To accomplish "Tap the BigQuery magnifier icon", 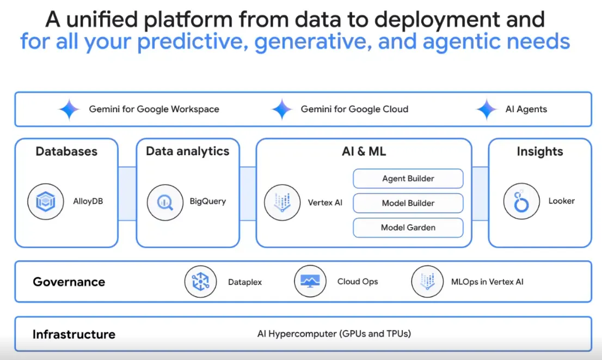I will [x=165, y=202].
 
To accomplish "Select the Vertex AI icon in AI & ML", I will [x=282, y=202].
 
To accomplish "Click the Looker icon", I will [x=521, y=202].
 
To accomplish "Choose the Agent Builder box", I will [x=408, y=178].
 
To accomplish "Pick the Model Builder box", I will [x=408, y=203].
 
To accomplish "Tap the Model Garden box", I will [x=408, y=228].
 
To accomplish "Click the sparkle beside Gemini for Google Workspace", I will [x=69, y=109].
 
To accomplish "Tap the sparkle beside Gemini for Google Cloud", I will [x=282, y=109].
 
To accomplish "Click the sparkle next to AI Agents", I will [x=486, y=109].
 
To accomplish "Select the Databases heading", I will [x=66, y=151].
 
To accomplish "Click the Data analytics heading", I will [x=187, y=151].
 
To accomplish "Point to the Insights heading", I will [x=539, y=151].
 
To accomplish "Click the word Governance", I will [x=69, y=282].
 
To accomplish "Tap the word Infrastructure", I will [x=73, y=334].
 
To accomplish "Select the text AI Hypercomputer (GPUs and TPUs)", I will [x=334, y=334].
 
